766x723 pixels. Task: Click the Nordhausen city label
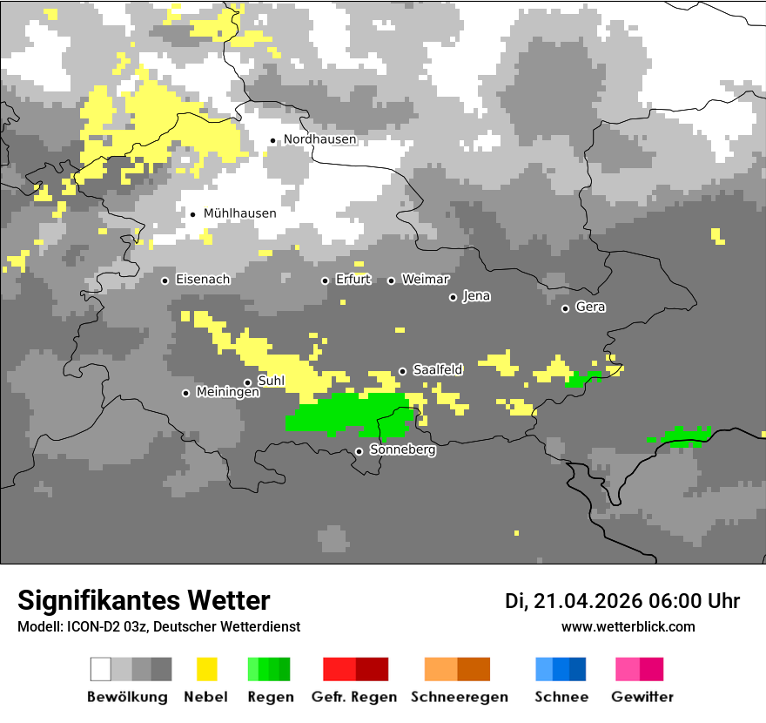click(319, 139)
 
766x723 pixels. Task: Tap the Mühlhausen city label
click(239, 213)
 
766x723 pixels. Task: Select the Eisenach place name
click(202, 280)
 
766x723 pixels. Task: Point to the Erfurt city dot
click(325, 280)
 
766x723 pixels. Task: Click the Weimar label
click(425, 280)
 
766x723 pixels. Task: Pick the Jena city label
click(476, 296)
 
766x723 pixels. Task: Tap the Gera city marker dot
click(565, 308)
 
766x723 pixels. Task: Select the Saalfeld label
click(438, 370)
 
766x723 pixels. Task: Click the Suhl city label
click(271, 381)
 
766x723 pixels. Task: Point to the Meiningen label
click(227, 393)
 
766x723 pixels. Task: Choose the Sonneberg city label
click(402, 450)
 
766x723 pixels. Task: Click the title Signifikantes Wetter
click(144, 600)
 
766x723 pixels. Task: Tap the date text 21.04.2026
click(588, 601)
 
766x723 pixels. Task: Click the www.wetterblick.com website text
click(628, 626)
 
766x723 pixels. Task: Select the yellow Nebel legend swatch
click(206, 669)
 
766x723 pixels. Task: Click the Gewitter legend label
click(642, 697)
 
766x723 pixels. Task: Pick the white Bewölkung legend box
click(101, 669)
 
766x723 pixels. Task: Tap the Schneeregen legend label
click(459, 697)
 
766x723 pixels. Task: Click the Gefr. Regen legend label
click(353, 697)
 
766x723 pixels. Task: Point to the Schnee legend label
click(561, 697)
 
